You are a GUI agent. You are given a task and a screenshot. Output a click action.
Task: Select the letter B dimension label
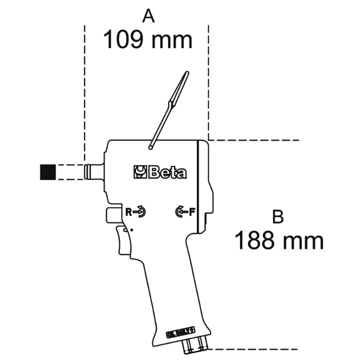point(278,217)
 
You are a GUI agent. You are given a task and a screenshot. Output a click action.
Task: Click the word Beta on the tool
point(168,173)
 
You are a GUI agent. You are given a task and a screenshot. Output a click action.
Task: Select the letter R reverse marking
point(130,210)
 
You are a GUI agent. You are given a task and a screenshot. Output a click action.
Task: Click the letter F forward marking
point(191,210)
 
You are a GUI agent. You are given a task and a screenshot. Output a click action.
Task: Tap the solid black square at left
point(48,172)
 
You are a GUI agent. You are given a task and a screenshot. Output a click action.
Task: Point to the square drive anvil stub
point(94,171)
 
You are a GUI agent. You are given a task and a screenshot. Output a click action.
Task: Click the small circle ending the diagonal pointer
point(150,148)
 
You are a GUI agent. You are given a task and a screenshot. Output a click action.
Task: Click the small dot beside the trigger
point(132,230)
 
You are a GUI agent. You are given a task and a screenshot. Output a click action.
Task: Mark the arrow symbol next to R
point(140,211)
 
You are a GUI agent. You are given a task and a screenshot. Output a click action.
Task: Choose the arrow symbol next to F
point(181,211)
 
